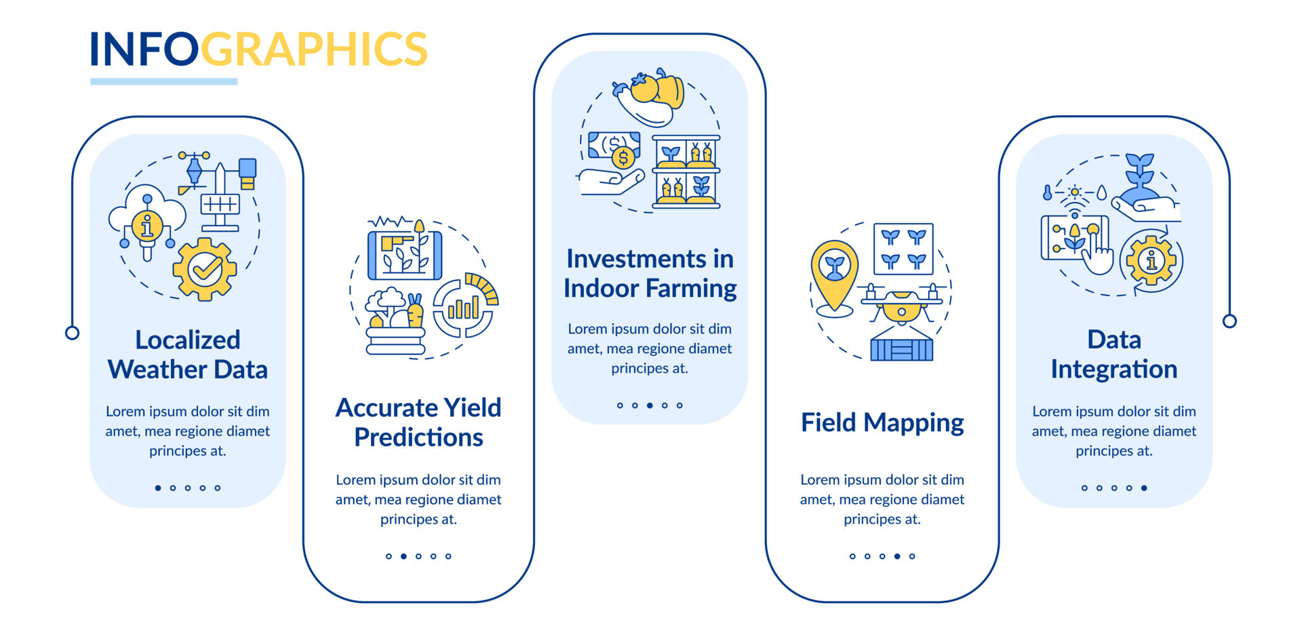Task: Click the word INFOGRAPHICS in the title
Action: (x=258, y=49)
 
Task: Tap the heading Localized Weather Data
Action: (x=188, y=354)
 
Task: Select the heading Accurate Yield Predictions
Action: (x=418, y=422)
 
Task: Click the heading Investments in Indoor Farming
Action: (x=650, y=273)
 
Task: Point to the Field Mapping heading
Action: (x=882, y=422)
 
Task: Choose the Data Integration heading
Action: (x=1113, y=354)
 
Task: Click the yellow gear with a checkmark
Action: (x=205, y=269)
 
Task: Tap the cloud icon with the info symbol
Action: (x=147, y=217)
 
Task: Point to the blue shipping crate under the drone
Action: (x=901, y=348)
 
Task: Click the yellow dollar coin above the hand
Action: (x=623, y=159)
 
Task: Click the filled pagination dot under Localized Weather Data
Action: (x=158, y=488)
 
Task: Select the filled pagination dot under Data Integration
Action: (x=1144, y=488)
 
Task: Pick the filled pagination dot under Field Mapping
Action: (x=897, y=556)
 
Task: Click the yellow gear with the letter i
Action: (x=1151, y=260)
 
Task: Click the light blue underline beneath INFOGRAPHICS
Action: (x=163, y=81)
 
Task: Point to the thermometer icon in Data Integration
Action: (x=1048, y=193)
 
